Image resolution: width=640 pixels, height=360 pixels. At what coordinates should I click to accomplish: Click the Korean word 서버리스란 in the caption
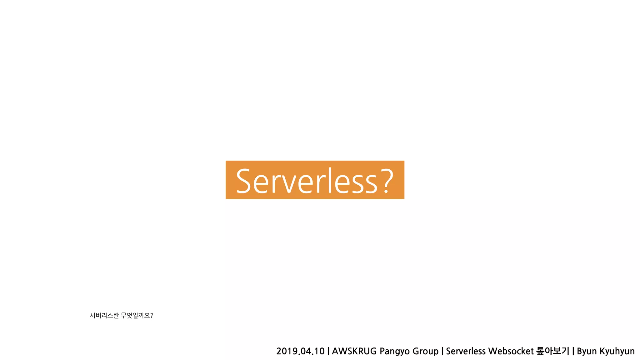pos(104,316)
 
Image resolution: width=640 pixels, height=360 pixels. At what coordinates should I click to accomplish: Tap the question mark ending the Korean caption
pos(152,316)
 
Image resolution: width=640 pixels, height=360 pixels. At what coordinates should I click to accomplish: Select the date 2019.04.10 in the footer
pos(300,351)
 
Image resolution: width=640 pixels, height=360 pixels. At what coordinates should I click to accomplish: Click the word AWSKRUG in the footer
pos(354,351)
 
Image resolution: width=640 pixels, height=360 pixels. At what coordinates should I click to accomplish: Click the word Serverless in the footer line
pos(466,351)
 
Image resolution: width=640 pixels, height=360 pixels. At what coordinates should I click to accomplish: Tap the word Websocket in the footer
pos(511,351)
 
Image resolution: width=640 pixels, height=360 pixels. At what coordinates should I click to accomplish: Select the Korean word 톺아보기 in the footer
pos(552,351)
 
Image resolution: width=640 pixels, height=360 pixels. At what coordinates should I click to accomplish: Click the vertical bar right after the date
pos(328,351)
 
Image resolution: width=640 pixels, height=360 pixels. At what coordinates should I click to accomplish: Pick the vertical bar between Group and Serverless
pos(442,351)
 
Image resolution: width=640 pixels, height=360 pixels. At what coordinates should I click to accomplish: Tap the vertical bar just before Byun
pos(573,351)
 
